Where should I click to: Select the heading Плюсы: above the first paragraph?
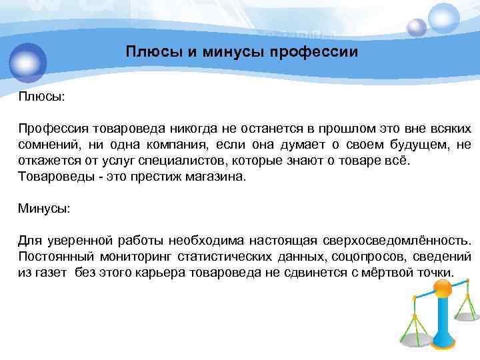(41, 97)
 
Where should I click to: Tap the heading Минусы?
(44, 208)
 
